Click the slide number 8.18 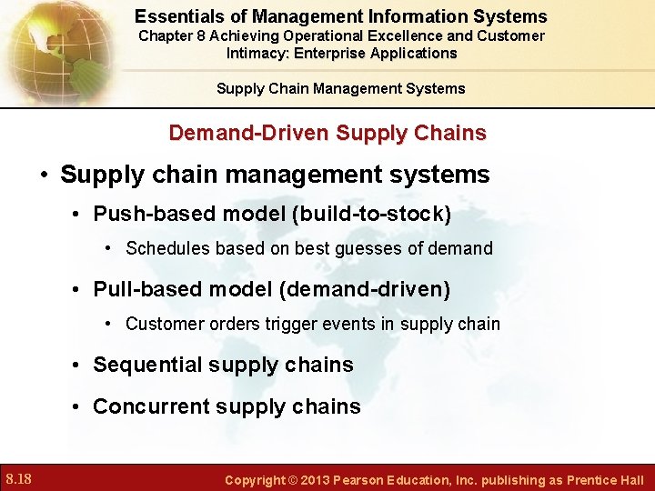(19, 478)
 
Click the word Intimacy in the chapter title (257, 53)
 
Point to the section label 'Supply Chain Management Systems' (340, 88)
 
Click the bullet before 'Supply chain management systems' (44, 175)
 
